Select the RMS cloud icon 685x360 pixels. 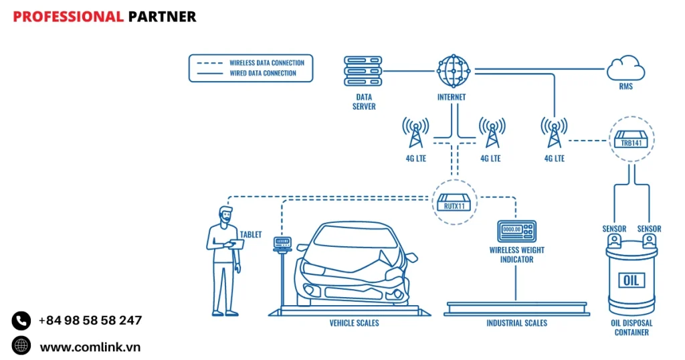coord(625,68)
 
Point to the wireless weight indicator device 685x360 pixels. coord(516,231)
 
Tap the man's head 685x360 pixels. coord(225,215)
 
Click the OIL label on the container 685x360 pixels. coord(631,280)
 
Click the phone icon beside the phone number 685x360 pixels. coord(21,321)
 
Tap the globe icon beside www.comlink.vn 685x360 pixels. coord(21,345)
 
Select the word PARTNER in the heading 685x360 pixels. coord(162,17)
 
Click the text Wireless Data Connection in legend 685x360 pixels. coord(266,63)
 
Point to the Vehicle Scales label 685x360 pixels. coord(354,323)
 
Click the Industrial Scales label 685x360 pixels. coord(516,323)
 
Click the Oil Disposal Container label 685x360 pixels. coord(631,327)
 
